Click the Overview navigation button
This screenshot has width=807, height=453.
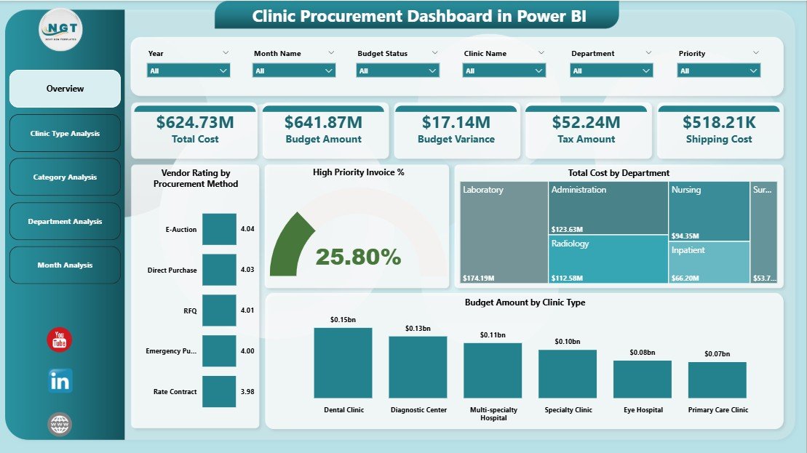[65, 89]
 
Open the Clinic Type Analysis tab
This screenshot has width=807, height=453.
[65, 134]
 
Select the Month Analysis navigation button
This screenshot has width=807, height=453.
[65, 265]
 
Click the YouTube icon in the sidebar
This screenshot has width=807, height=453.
[60, 340]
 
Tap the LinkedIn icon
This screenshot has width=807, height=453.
[60, 381]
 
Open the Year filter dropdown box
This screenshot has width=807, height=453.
[188, 71]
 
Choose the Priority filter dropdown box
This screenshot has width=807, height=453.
[719, 71]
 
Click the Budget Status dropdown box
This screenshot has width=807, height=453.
[398, 71]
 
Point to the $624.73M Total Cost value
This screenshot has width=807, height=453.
[194, 122]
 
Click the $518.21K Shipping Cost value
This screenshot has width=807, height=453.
[719, 122]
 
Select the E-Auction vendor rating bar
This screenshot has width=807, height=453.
[219, 229]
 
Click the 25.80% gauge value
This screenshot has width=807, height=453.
[358, 257]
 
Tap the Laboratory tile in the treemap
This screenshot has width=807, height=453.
[504, 232]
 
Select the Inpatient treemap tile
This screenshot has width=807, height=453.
[709, 262]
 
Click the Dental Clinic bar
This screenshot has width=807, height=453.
[343, 362]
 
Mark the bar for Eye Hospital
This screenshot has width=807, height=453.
[642, 379]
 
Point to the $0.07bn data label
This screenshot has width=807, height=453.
[717, 354]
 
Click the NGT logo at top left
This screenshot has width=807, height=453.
[61, 30]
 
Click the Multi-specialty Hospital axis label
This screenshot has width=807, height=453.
[493, 414]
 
